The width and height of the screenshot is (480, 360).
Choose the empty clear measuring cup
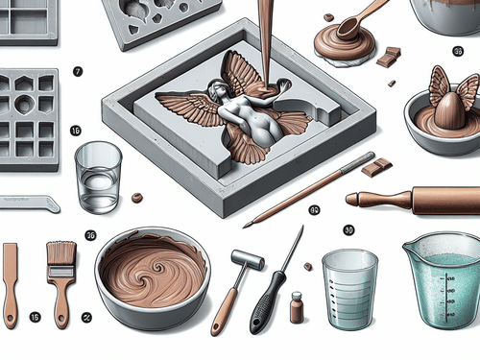(349, 288)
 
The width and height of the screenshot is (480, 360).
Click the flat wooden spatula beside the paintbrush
(11, 284)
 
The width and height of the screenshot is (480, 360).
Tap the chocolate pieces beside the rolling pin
(375, 167)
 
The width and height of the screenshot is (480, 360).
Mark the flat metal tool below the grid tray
(29, 203)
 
